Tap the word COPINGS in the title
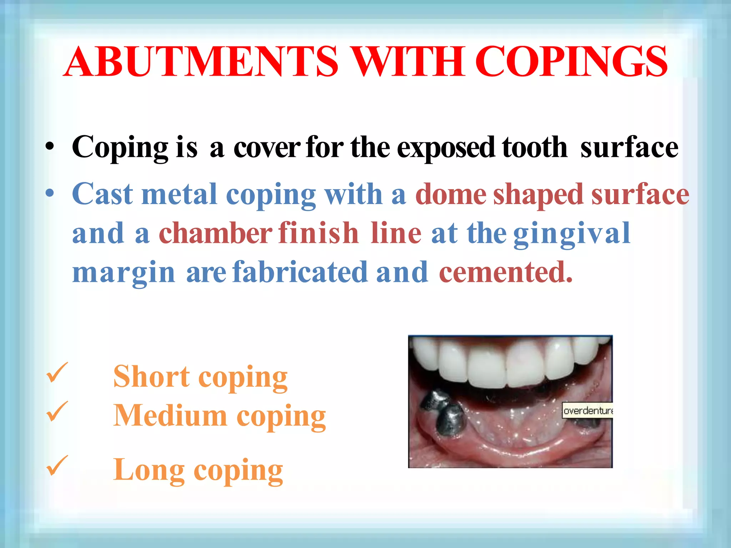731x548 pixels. [x=571, y=61]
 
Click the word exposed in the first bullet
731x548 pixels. [x=446, y=148]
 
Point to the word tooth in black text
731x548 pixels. [x=534, y=147]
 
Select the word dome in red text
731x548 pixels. [x=450, y=194]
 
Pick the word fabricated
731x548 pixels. [x=300, y=272]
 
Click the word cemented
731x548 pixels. [x=505, y=272]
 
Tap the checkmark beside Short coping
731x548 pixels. [x=57, y=373]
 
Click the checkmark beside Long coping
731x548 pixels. [x=57, y=466]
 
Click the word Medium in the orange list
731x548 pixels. [x=170, y=416]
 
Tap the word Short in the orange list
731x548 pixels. [x=151, y=377]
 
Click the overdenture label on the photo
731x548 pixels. [x=588, y=411]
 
